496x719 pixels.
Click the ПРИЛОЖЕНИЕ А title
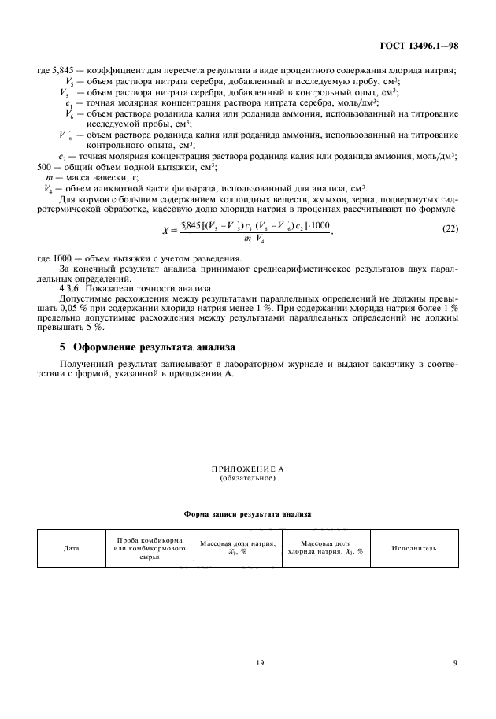pos(247,470)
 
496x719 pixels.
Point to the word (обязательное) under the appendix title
pos(247,479)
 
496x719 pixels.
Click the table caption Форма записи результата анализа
pos(247,513)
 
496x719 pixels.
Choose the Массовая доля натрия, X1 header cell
pos(237,548)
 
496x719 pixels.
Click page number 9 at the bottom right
pos(455,663)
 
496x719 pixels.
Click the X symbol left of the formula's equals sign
pos(165,230)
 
